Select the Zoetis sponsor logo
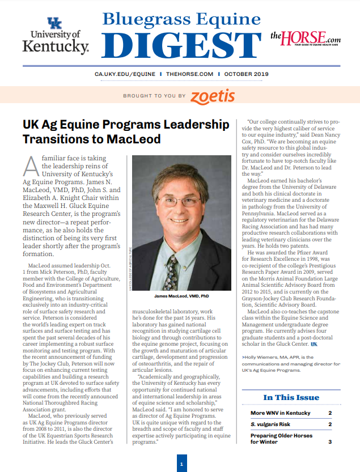pos(213,96)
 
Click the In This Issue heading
pos(291,397)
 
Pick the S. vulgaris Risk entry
pos(269,424)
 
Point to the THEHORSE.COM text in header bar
pos(190,74)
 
